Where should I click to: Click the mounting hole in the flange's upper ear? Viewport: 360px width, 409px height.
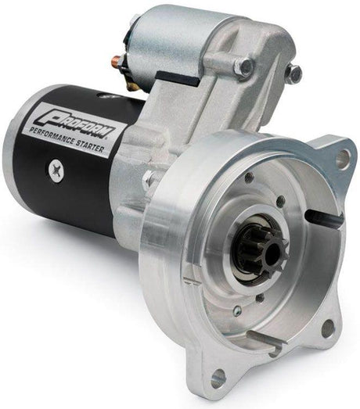click(x=343, y=160)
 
